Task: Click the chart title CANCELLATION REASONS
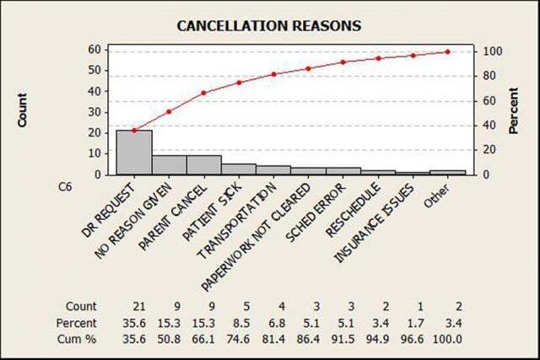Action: tap(268, 25)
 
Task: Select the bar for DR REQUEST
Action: tap(134, 153)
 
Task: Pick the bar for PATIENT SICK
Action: tap(239, 169)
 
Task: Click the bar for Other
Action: tap(447, 173)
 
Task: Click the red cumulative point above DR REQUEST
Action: tap(134, 131)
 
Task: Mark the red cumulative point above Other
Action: tap(447, 51)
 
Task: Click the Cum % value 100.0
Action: tap(447, 339)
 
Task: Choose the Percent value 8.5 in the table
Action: tap(238, 323)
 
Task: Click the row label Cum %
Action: tap(78, 339)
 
